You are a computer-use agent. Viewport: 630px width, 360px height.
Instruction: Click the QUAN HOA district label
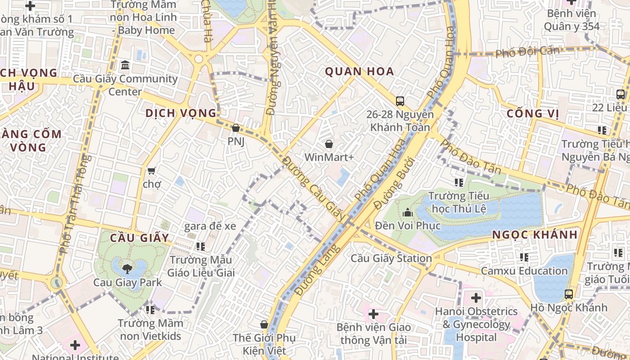(x=359, y=72)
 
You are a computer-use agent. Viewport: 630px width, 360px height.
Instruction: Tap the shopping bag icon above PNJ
(x=235, y=128)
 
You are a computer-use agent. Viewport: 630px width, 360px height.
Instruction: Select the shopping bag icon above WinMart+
(x=329, y=144)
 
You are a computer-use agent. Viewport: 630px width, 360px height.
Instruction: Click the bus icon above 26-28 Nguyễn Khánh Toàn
(x=400, y=101)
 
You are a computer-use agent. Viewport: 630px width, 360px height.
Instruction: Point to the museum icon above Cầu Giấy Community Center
(x=125, y=66)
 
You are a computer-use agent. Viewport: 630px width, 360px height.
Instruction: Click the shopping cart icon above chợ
(x=151, y=171)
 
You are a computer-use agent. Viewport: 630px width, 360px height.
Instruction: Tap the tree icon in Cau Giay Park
(x=127, y=269)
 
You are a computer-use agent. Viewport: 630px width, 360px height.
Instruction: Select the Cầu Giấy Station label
(x=391, y=258)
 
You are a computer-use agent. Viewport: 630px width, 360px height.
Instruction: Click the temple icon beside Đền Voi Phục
(x=408, y=212)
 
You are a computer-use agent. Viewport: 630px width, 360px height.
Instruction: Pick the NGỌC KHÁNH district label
(x=535, y=234)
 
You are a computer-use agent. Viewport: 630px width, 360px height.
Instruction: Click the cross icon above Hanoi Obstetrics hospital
(x=476, y=298)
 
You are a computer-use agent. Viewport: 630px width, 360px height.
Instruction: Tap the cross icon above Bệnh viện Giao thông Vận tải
(x=373, y=314)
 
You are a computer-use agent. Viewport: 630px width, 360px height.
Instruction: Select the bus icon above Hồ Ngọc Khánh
(x=569, y=295)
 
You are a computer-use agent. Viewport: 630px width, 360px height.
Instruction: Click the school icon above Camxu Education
(x=524, y=257)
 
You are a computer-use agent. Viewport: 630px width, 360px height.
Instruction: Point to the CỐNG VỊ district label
(x=532, y=113)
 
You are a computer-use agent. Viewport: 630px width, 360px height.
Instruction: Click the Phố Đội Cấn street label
(x=527, y=52)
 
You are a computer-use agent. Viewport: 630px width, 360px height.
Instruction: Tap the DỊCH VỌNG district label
(x=181, y=113)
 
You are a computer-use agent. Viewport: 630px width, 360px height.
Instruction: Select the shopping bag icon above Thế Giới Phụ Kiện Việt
(x=264, y=324)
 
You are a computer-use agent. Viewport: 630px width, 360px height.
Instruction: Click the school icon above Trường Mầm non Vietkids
(x=150, y=310)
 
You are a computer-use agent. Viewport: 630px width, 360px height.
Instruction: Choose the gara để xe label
(x=210, y=226)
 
